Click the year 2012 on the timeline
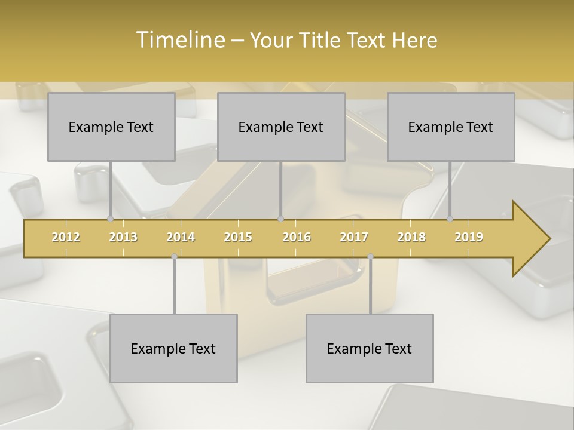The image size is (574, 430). pyautogui.click(x=66, y=237)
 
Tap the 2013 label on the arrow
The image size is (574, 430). pyautogui.click(x=123, y=237)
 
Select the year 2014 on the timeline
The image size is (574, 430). pyautogui.click(x=181, y=237)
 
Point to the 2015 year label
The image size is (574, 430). pyautogui.click(x=238, y=237)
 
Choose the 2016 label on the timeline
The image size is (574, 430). pyautogui.click(x=297, y=237)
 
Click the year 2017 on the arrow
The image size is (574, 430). pyautogui.click(x=354, y=237)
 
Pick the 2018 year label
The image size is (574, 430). pyautogui.click(x=411, y=237)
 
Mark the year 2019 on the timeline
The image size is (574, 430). pyautogui.click(x=469, y=237)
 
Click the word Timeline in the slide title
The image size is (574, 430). pyautogui.click(x=179, y=40)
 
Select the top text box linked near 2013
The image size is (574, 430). pyautogui.click(x=111, y=127)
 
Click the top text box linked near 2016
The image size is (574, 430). pyautogui.click(x=281, y=127)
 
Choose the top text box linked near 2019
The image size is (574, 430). pyautogui.click(x=451, y=127)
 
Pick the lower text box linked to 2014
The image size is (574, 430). pyautogui.click(x=173, y=348)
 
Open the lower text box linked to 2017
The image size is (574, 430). pyautogui.click(x=370, y=348)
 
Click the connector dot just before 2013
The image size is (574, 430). pyautogui.click(x=110, y=219)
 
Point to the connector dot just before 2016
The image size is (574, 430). pyautogui.click(x=280, y=219)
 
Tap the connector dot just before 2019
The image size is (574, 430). pyautogui.click(x=450, y=219)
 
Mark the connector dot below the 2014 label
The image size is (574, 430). pyautogui.click(x=174, y=257)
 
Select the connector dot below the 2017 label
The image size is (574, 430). pyautogui.click(x=370, y=257)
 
